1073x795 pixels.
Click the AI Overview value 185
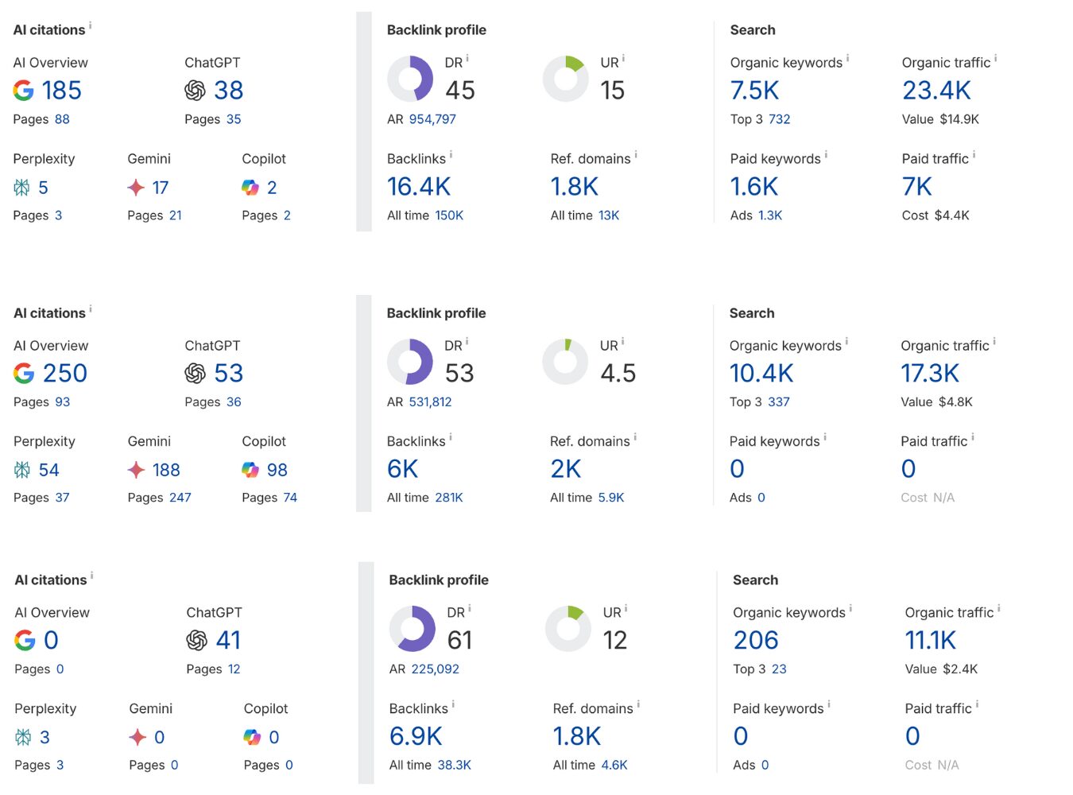[x=61, y=91]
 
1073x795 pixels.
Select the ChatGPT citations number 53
[x=228, y=374]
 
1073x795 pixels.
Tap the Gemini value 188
[x=166, y=471]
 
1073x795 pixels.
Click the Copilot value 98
[x=277, y=471]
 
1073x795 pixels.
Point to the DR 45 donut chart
[x=410, y=79]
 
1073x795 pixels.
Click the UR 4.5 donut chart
[x=565, y=362]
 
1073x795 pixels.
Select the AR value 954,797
[x=432, y=119]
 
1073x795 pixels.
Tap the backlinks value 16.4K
[x=419, y=187]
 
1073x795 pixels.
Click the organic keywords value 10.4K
[x=761, y=374]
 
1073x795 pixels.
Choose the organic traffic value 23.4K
[x=936, y=91]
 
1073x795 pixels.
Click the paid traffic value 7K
[x=916, y=187]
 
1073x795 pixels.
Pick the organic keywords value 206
[x=756, y=641]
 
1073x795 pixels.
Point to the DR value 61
[x=459, y=641]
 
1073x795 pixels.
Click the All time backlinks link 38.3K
[x=454, y=766]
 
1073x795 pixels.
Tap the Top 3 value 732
[x=779, y=119]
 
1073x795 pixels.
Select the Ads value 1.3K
[x=770, y=215]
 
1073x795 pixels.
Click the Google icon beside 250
[x=24, y=374]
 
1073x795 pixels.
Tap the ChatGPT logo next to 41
[x=196, y=641]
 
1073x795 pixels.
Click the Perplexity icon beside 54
[x=22, y=471]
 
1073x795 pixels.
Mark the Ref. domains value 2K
[x=565, y=470]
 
